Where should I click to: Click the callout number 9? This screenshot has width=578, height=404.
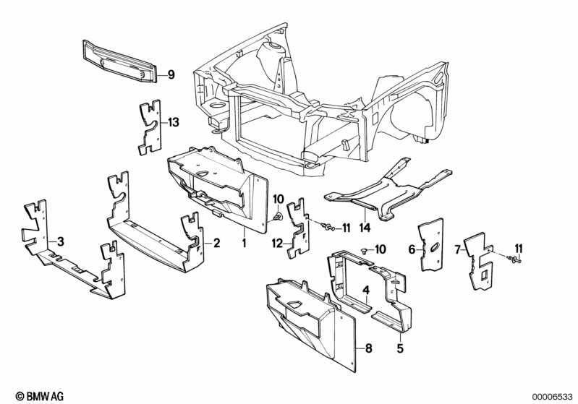click(x=171, y=75)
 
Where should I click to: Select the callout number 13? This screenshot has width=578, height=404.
click(x=173, y=122)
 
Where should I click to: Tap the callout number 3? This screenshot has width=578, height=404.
click(x=61, y=241)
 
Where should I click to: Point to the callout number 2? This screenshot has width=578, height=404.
click(x=216, y=243)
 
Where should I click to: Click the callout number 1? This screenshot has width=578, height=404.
click(x=244, y=243)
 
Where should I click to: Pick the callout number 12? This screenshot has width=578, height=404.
click(x=277, y=243)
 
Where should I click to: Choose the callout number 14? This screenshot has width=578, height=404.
click(x=365, y=228)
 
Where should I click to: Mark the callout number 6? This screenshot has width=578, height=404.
click(x=412, y=249)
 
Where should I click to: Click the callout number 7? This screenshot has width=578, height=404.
click(x=457, y=250)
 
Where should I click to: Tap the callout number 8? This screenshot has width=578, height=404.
click(x=369, y=348)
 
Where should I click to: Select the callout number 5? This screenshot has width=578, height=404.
click(x=400, y=348)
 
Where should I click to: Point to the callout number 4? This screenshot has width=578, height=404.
click(x=365, y=291)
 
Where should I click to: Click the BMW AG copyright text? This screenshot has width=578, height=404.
click(x=40, y=396)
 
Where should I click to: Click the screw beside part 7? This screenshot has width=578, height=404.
click(x=514, y=260)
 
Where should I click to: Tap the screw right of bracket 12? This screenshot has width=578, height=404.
click(x=328, y=227)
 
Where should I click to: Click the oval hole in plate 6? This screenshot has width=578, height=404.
click(x=433, y=248)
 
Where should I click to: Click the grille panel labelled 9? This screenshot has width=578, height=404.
click(x=120, y=61)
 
